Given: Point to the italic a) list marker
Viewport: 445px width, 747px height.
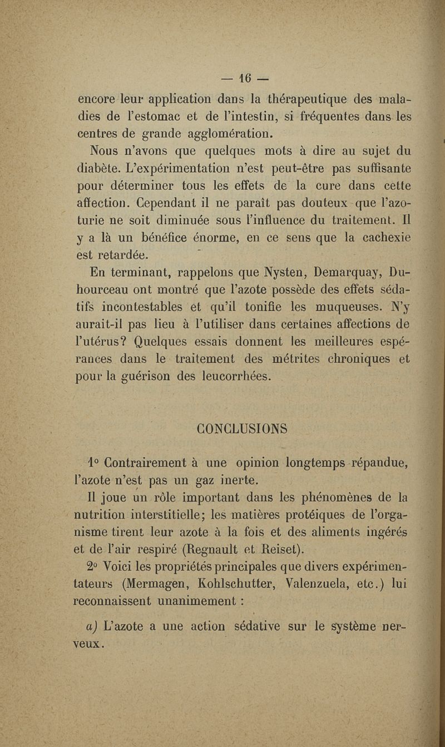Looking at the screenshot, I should (92, 623).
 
